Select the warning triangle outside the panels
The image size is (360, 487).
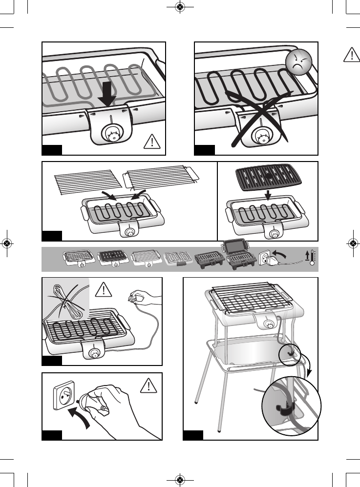pos(351,55)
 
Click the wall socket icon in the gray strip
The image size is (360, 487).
pos(264,257)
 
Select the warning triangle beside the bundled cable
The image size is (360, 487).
pos(103,291)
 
